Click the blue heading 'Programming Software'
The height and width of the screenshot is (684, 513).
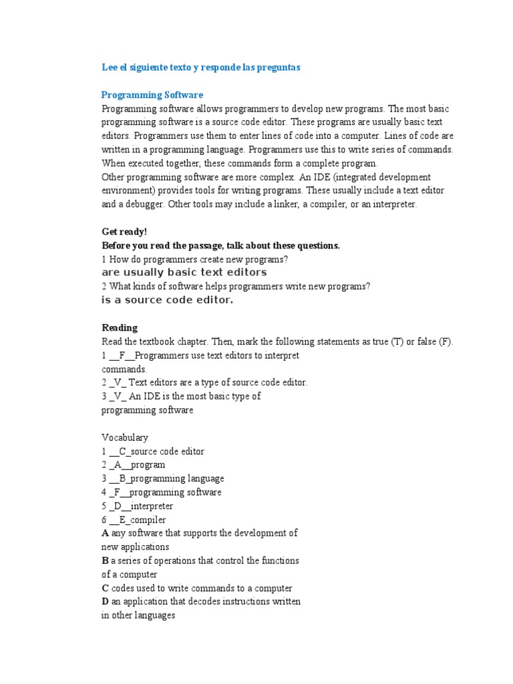(152, 95)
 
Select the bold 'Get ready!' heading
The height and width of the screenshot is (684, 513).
(124, 232)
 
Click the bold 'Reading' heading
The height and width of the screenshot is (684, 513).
(120, 327)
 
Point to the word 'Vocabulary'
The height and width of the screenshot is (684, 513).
(125, 438)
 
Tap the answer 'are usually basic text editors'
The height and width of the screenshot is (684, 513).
(184, 273)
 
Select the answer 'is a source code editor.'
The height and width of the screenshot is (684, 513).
(167, 300)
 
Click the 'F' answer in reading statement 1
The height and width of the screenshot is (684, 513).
(122, 355)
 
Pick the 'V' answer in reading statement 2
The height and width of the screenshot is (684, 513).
(118, 383)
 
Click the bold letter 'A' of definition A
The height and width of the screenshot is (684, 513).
(105, 533)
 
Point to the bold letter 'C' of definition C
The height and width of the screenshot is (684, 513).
(105, 588)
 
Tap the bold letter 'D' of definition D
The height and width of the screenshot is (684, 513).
(105, 602)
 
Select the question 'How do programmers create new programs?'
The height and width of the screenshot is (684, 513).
(198, 259)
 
